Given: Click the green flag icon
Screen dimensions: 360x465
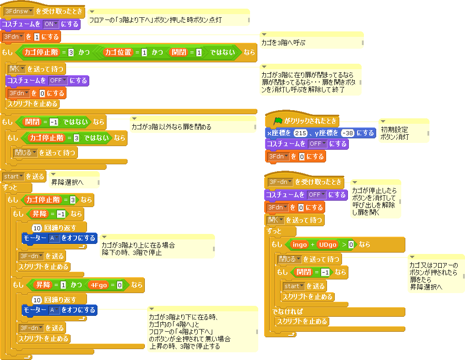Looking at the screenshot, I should pyautogui.click(x=277, y=122).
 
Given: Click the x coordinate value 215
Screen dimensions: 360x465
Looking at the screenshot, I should pyautogui.click(x=301, y=133).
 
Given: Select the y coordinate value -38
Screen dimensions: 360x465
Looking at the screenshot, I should pyautogui.click(x=348, y=133).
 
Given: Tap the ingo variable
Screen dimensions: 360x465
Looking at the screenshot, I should pyautogui.click(x=300, y=245).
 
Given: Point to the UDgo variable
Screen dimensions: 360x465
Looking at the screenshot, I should pyautogui.click(x=327, y=245).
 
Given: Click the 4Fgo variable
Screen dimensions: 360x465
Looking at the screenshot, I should pyautogui.click(x=98, y=285).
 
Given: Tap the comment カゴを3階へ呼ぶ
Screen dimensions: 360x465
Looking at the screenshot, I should pyautogui.click(x=311, y=42).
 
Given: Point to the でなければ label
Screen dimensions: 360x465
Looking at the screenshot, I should pyautogui.click(x=287, y=312).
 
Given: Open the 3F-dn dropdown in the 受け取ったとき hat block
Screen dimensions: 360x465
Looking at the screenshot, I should pyautogui.click(x=280, y=182).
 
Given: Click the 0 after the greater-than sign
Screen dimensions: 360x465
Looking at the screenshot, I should pyautogui.click(x=351, y=245).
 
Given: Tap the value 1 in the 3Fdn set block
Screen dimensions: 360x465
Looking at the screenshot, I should pyautogui.click(x=37, y=37).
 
